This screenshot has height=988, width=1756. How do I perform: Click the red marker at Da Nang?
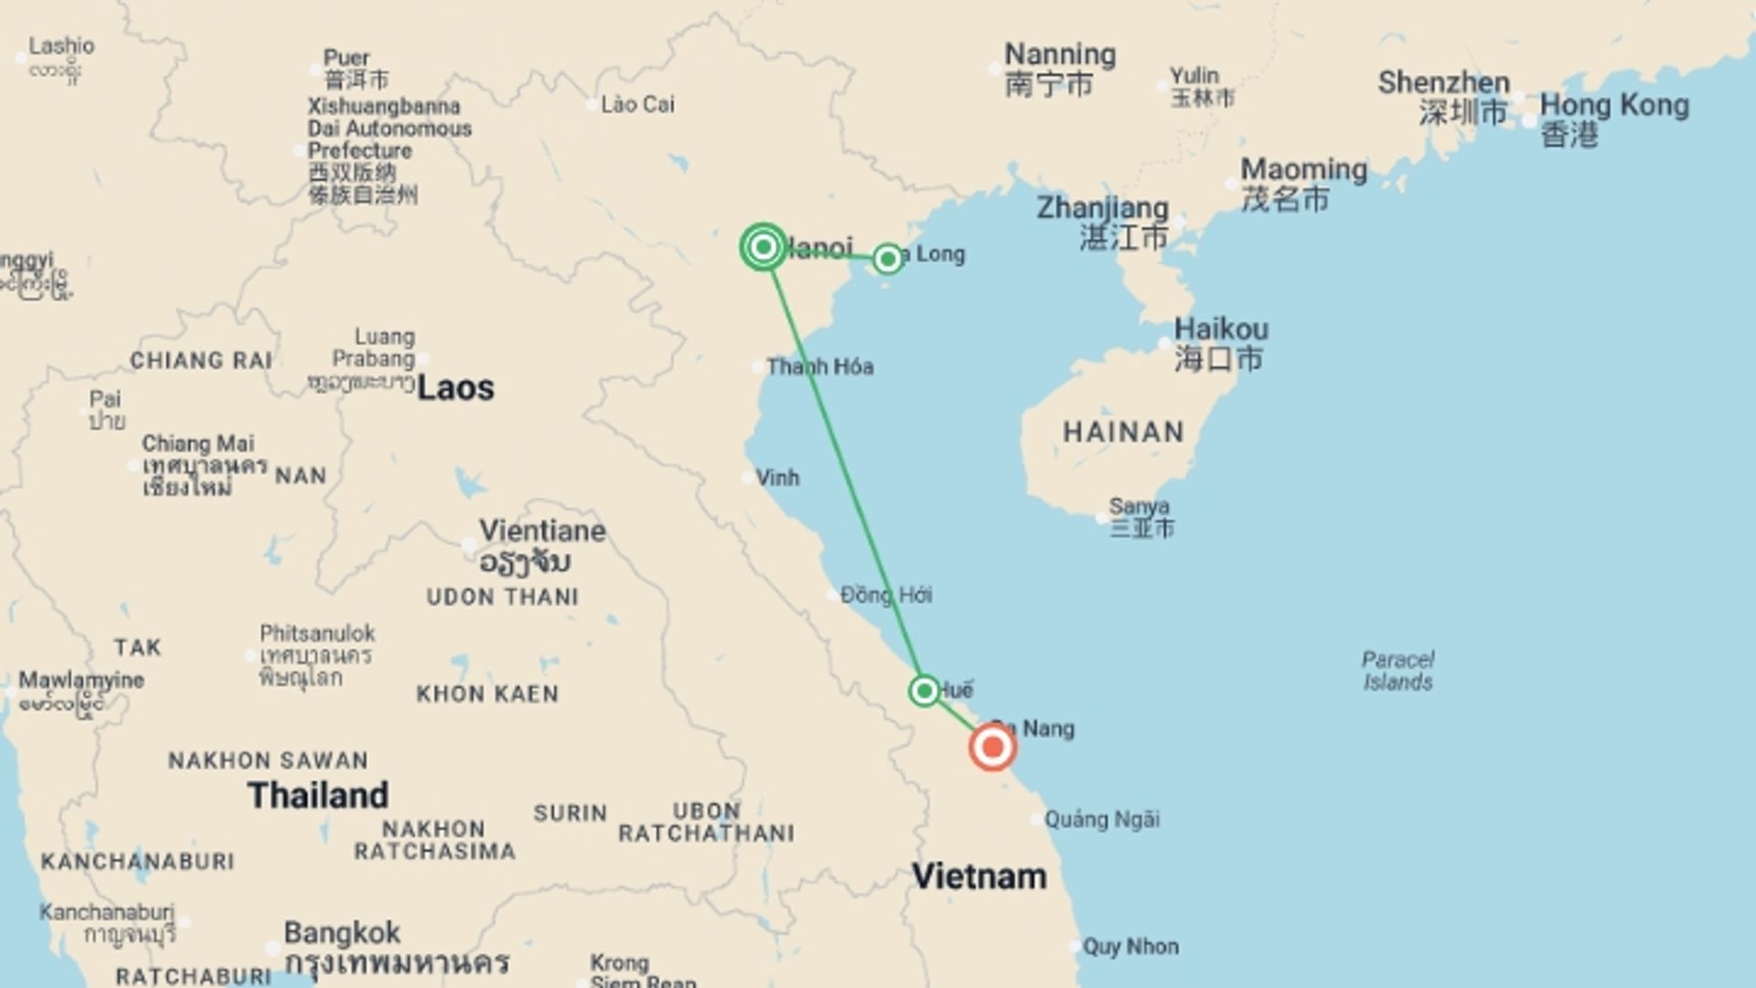(992, 747)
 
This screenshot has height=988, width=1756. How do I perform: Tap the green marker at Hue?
(924, 691)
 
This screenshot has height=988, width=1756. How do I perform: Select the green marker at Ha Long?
(886, 259)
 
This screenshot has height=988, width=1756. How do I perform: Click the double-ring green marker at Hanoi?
(763, 247)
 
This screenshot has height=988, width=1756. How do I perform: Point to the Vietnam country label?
(979, 876)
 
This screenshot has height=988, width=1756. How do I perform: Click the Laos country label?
(455, 388)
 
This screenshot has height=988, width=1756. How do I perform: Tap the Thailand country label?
(317, 795)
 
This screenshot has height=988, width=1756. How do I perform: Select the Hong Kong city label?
(1613, 106)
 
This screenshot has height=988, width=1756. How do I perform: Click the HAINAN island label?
(1123, 432)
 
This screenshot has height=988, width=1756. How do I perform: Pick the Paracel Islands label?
(1397, 671)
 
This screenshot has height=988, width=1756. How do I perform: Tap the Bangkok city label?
(342, 933)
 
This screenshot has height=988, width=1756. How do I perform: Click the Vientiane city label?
(542, 531)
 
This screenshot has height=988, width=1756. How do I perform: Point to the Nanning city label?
(1060, 55)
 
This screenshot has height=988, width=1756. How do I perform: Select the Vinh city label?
(777, 478)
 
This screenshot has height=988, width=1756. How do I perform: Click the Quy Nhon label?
(1130, 946)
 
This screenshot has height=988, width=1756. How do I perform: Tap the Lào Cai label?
(637, 104)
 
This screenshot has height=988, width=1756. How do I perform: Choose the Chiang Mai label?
(198, 445)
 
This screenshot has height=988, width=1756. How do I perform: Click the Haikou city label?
(1221, 329)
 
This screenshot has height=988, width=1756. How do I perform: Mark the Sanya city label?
(1139, 506)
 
